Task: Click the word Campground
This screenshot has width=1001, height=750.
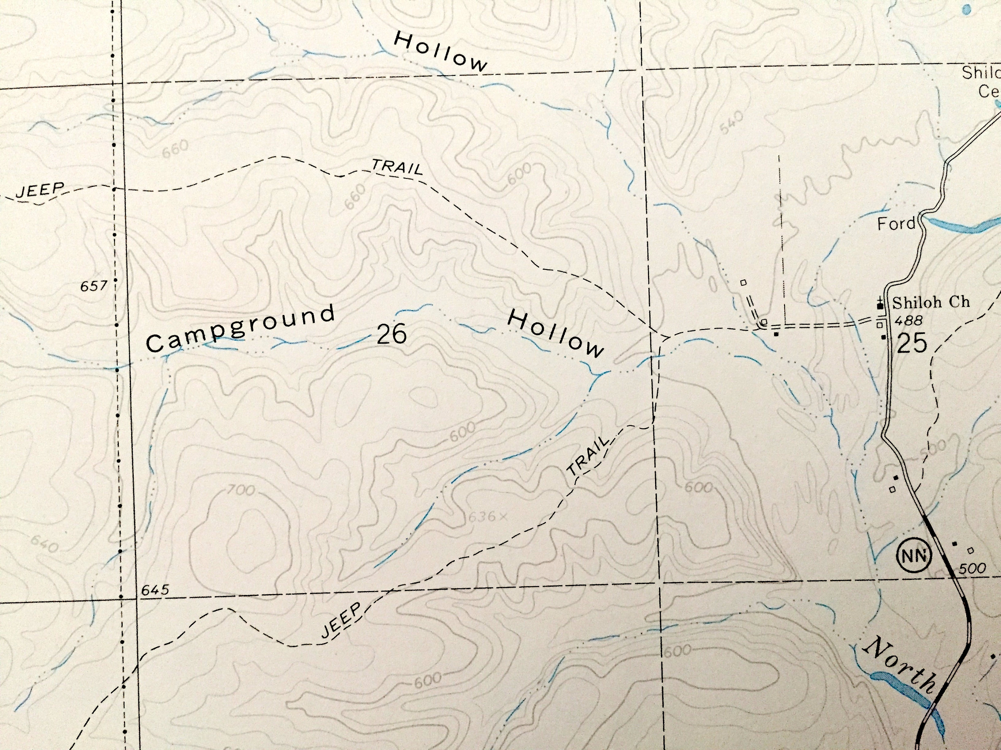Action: tap(240, 329)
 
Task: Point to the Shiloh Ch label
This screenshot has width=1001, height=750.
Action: tap(931, 302)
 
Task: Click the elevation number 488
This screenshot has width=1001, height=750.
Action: tap(909, 321)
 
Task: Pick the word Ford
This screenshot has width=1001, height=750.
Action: tap(896, 223)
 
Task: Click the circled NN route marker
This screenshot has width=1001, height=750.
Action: tap(915, 556)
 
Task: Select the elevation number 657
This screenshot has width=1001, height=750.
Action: tap(94, 286)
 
